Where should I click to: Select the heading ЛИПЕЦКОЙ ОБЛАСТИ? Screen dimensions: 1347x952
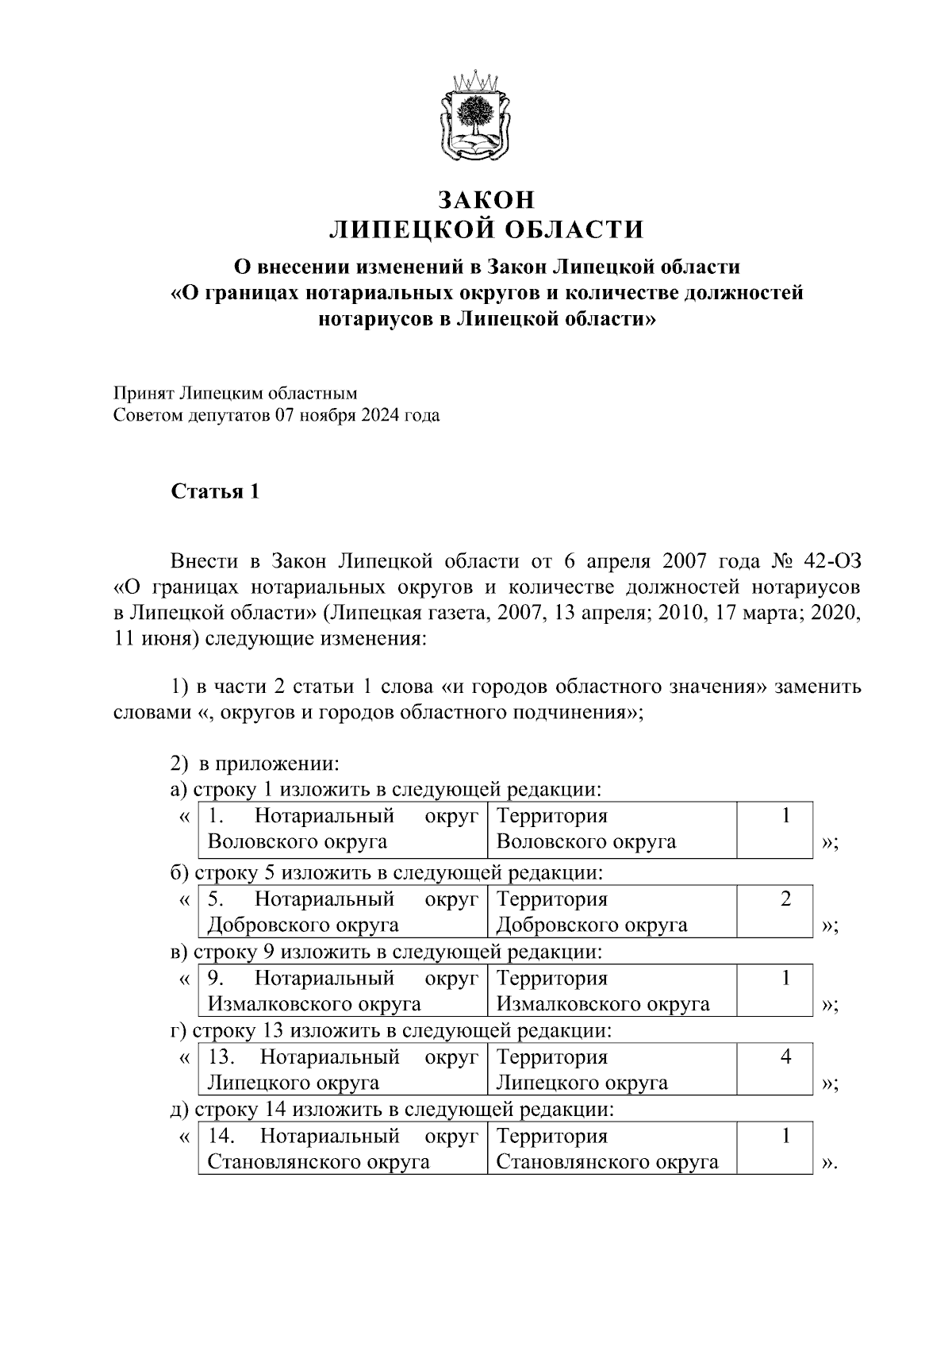coord(486,229)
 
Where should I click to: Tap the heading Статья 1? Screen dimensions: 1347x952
coord(216,491)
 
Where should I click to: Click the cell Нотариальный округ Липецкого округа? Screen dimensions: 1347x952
coord(342,1069)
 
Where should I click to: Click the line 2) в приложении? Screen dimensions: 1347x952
coord(255,764)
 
